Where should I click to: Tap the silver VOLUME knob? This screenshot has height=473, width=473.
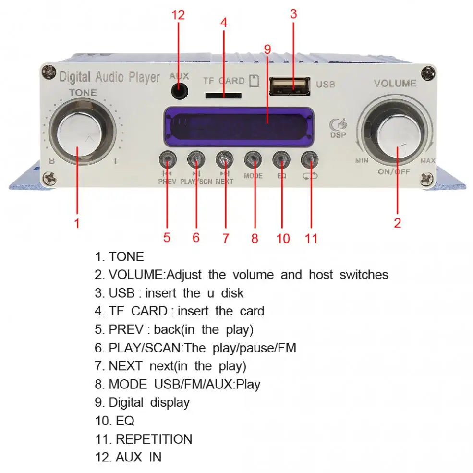pyautogui.click(x=398, y=135)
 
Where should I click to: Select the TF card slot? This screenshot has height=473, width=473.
pyautogui.click(x=223, y=96)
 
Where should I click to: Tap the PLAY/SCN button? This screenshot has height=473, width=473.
pyautogui.click(x=196, y=158)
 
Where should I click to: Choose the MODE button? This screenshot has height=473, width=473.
pyautogui.click(x=253, y=158)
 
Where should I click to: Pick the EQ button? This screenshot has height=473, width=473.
pyautogui.click(x=281, y=158)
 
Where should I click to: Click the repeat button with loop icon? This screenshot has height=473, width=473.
pyautogui.click(x=310, y=158)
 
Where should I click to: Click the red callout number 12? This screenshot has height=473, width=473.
pyautogui.click(x=178, y=15)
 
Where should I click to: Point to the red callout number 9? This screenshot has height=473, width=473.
pyautogui.click(x=267, y=49)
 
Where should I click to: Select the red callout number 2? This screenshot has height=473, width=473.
pyautogui.click(x=397, y=222)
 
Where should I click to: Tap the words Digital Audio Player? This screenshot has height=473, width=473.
pyautogui.click(x=109, y=76)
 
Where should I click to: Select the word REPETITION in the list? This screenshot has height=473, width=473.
pyautogui.click(x=154, y=439)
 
